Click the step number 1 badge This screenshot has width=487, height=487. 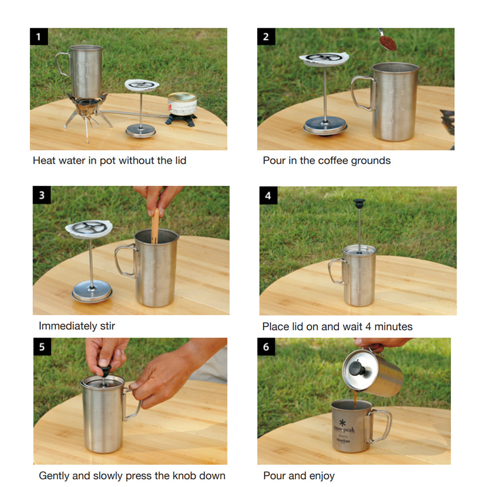pyautogui.click(x=39, y=37)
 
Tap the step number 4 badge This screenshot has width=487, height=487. pyautogui.click(x=268, y=195)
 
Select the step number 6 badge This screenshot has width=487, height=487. pyautogui.click(x=266, y=347)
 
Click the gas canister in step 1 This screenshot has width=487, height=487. pyautogui.click(x=182, y=104)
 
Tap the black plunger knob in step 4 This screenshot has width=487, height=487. pyautogui.click(x=359, y=204)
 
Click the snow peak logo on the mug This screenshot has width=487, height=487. pyautogui.click(x=344, y=427)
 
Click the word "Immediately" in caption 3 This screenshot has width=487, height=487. pyautogui.click(x=68, y=326)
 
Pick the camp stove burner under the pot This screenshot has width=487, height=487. pyautogui.click(x=87, y=107)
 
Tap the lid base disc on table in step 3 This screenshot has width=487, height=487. pyautogui.click(x=92, y=291)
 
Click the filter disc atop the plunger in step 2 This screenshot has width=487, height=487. pyautogui.click(x=324, y=59)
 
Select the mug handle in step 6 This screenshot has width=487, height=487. pyautogui.click(x=379, y=426)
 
